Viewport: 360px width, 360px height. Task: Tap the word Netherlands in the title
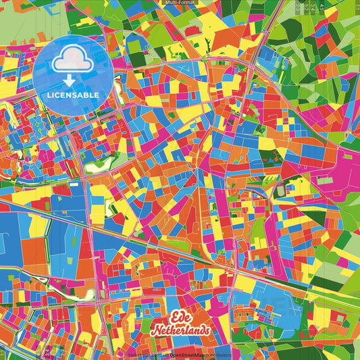coord(180,330)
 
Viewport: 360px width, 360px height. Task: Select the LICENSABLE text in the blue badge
coord(73,95)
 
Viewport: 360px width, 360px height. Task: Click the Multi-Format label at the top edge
coord(180,3)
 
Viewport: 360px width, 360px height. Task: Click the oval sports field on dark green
coord(280,192)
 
